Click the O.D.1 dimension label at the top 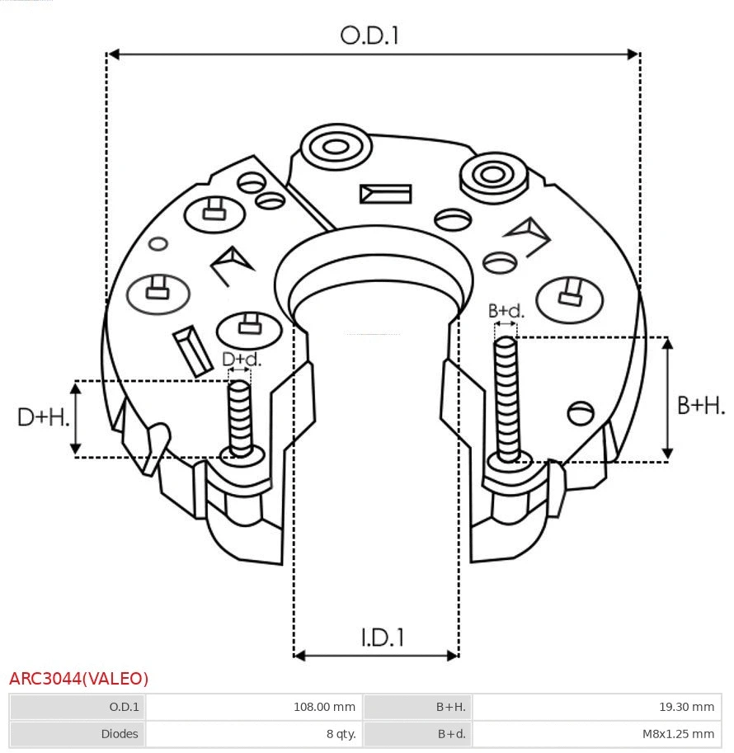click(x=369, y=35)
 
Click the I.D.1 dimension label click(x=383, y=638)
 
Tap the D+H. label click(x=43, y=417)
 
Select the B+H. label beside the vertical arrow click(x=700, y=405)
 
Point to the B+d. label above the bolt click(x=506, y=311)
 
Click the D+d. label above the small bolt click(x=242, y=359)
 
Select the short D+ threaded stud click(x=240, y=417)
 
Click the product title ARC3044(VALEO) click(x=79, y=679)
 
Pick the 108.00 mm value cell click(x=324, y=707)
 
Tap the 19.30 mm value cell click(x=685, y=707)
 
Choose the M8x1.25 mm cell click(x=678, y=733)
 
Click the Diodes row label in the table click(x=120, y=733)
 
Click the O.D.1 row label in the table click(x=124, y=707)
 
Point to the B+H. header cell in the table click(x=450, y=707)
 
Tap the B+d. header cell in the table click(x=450, y=733)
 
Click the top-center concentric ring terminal click(x=336, y=148)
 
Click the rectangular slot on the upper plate click(x=385, y=194)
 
